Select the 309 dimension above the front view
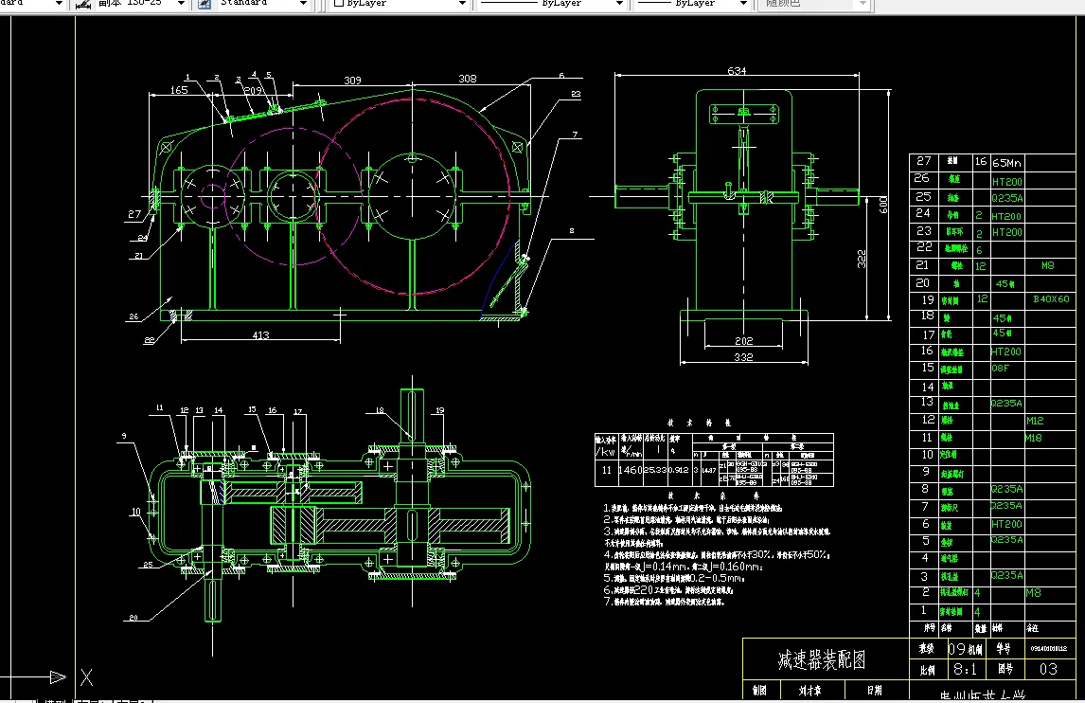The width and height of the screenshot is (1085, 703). coord(352,81)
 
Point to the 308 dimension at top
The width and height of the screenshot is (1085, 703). coord(467,80)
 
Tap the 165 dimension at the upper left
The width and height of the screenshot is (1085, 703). coord(178,90)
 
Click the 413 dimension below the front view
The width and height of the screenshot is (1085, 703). coord(260,334)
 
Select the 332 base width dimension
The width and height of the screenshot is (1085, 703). coord(743,356)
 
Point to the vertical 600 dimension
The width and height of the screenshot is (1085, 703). coord(883,204)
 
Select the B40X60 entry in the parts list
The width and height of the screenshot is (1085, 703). coord(1051,299)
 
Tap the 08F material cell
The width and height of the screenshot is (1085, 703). coord(1001,368)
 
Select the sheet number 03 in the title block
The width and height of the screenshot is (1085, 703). coord(1048,669)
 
